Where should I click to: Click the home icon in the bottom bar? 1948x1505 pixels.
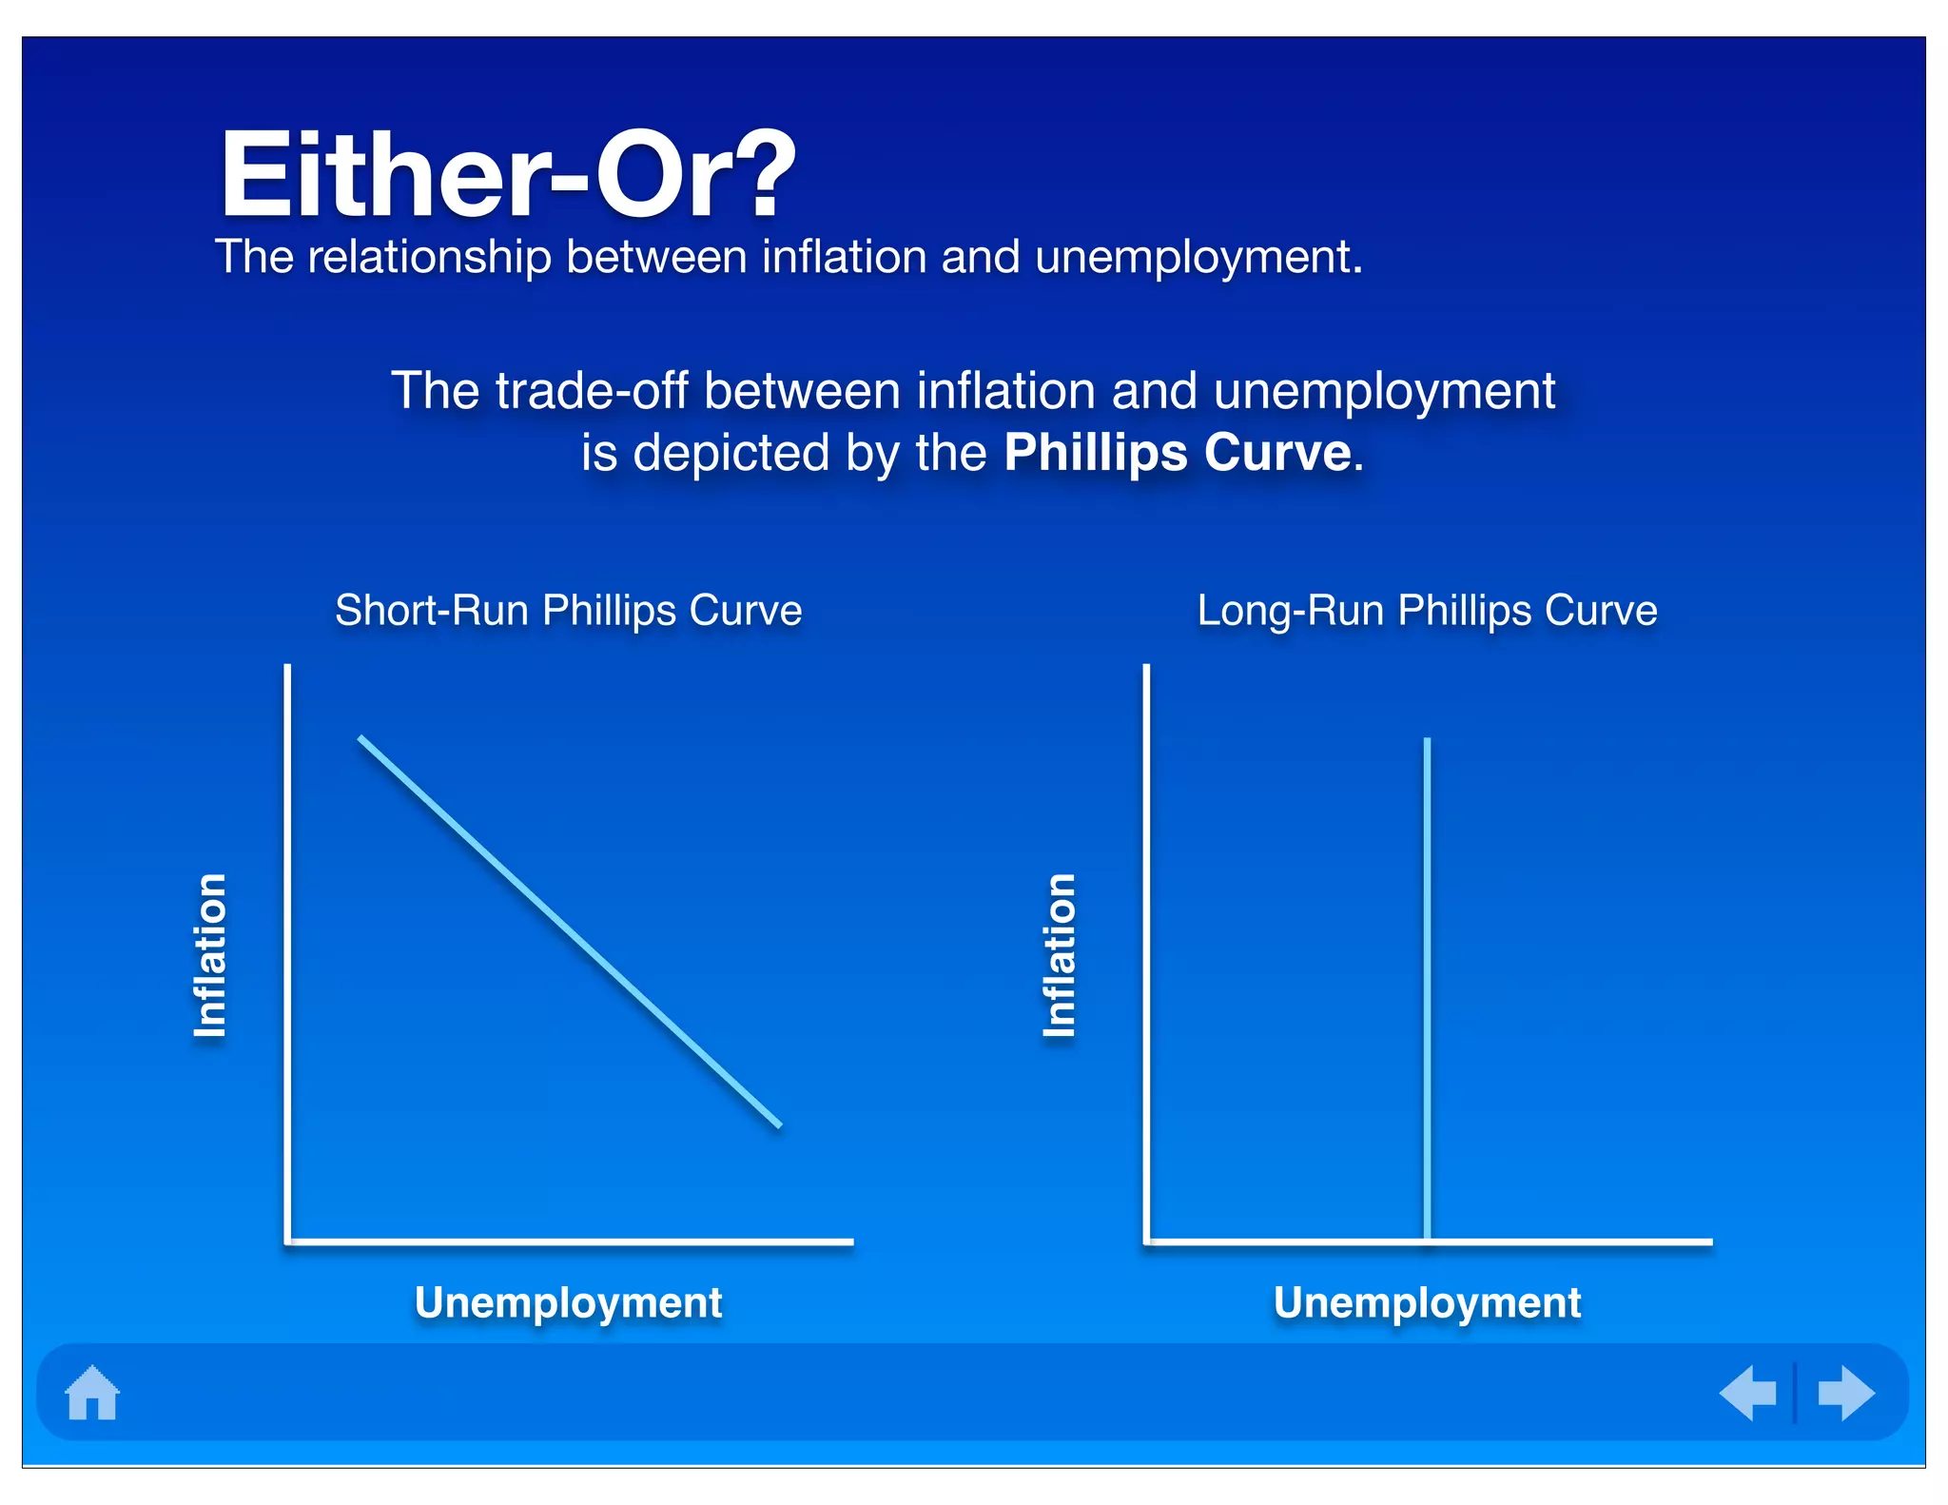coord(92,1393)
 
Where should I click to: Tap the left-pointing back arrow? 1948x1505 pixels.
coord(1748,1393)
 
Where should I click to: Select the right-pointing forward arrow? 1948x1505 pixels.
coord(1845,1393)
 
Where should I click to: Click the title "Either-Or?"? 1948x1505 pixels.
coord(507,176)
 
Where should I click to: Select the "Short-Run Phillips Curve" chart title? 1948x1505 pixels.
coord(568,610)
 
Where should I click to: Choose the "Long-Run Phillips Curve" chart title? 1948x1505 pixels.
coord(1427,610)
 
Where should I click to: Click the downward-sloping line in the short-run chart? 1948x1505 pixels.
coord(569,931)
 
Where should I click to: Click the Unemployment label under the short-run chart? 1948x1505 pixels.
coord(568,1302)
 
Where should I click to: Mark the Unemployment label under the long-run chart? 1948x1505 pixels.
coord(1427,1302)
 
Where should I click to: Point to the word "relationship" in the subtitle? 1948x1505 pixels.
coord(429,257)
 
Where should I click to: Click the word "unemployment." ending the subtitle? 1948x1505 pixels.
coord(1198,257)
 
